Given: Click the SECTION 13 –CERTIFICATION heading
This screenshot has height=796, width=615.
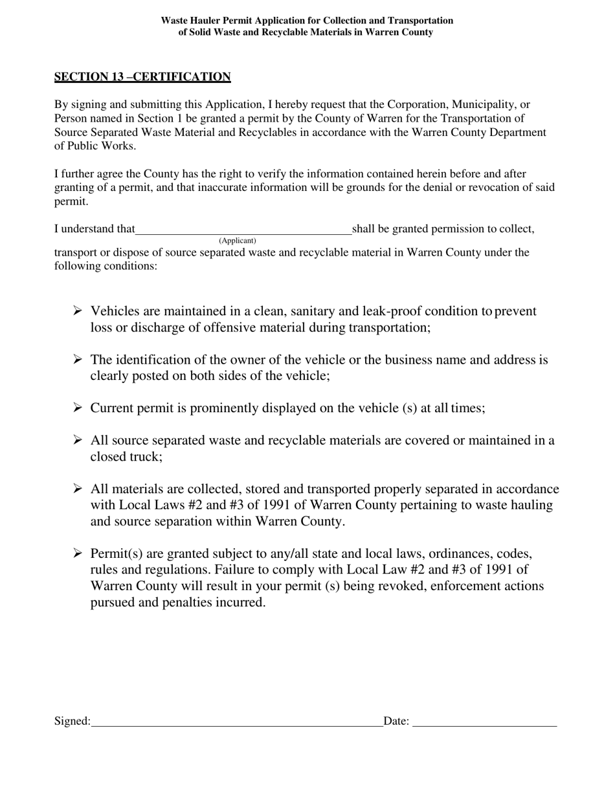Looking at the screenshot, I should pos(142,77).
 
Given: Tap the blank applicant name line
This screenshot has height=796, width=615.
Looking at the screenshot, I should pos(243,230).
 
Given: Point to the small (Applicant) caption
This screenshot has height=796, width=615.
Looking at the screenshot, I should pos(238,241).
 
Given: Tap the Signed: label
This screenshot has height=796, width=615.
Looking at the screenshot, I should pos(73,721).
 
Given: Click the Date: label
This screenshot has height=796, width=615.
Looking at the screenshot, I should pos(396,721).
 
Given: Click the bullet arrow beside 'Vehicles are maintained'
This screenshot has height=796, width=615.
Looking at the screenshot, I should pos(78,311).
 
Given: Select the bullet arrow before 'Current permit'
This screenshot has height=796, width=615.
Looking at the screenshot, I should pos(78,408).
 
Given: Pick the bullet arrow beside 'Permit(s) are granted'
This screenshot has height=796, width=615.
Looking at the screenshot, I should pos(78,554).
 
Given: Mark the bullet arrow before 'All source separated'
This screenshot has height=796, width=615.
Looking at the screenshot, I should pos(78,441).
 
